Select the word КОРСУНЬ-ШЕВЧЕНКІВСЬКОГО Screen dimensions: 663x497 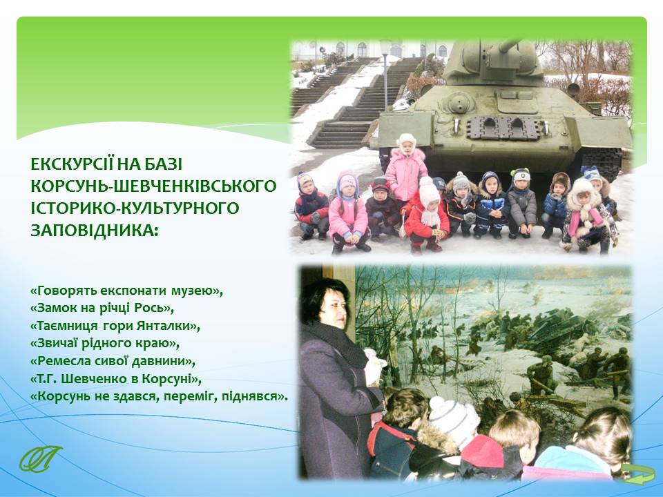click(x=153, y=186)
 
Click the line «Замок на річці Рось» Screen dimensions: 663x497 click(x=102, y=308)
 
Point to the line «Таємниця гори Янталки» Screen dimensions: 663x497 click(x=115, y=326)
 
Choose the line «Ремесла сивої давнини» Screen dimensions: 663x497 click(x=114, y=361)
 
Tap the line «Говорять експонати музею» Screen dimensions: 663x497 click(x=126, y=291)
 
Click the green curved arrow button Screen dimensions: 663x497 click(x=637, y=474)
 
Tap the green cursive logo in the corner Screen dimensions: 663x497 click(x=40, y=458)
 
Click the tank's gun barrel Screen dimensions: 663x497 click(x=510, y=45)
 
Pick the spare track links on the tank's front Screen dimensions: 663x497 click(x=503, y=128)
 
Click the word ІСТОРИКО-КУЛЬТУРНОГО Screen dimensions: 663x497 click(x=135, y=208)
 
